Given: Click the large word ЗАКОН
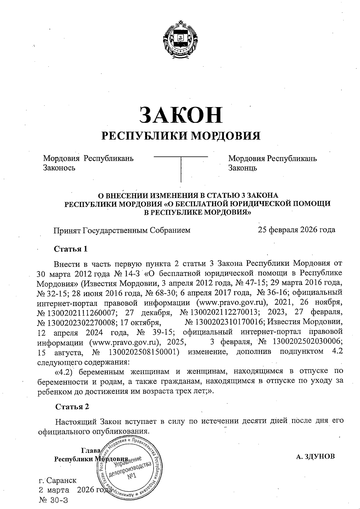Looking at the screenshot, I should (181, 115).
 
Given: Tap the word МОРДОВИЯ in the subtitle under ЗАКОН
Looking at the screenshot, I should (226, 136).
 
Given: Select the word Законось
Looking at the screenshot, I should (59, 168).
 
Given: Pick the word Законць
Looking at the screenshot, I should (242, 168).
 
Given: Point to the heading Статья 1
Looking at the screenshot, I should (70, 249).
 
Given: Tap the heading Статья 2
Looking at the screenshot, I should (72, 406).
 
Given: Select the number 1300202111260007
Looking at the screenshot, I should (80, 313).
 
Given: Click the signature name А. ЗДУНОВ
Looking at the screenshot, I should (315, 457).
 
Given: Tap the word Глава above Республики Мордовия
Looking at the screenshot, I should (90, 451).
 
